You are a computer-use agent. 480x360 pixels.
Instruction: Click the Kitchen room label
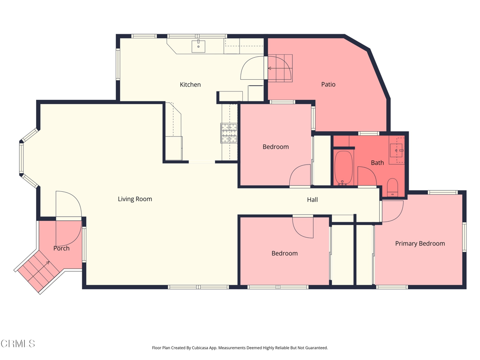pyautogui.click(x=190, y=84)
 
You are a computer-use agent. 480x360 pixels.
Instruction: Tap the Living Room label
pyautogui.click(x=135, y=199)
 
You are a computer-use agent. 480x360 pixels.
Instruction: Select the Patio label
pyautogui.click(x=328, y=84)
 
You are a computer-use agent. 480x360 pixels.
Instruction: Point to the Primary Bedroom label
pyautogui.click(x=420, y=243)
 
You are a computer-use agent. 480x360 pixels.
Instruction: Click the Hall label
pyautogui.click(x=312, y=200)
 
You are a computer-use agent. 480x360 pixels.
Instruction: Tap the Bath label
pyautogui.click(x=377, y=163)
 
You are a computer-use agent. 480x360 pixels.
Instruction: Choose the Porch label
pyautogui.click(x=61, y=248)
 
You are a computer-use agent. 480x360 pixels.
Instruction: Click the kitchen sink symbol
pyautogui.click(x=198, y=46)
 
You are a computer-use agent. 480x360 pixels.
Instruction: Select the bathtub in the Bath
pyautogui.click(x=344, y=168)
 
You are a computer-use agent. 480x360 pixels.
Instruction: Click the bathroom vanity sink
pyautogui.click(x=397, y=150)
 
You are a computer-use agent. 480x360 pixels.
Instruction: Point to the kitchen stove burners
pyautogui.click(x=229, y=133)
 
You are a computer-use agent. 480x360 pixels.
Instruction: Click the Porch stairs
pyautogui.click(x=37, y=270)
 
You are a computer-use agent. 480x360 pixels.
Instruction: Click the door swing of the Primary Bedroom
pyautogui.click(x=393, y=211)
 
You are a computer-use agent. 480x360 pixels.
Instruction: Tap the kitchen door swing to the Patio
pyautogui.click(x=252, y=68)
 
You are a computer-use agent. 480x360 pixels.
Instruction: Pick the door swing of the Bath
pyautogui.click(x=367, y=176)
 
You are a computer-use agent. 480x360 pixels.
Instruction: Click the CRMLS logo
pyautogui.click(x=18, y=344)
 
